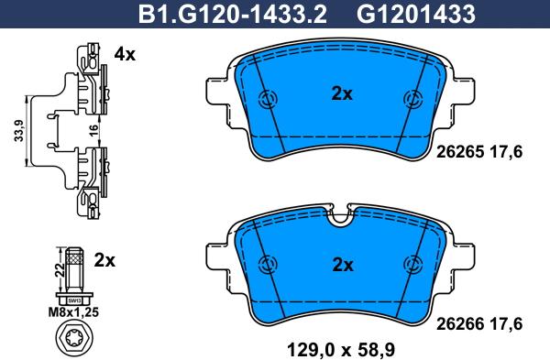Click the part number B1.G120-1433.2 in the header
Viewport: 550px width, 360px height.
tap(233, 15)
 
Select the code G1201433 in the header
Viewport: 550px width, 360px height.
tap(416, 15)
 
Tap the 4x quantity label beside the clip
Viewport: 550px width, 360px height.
tap(125, 54)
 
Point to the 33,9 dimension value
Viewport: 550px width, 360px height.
tap(18, 130)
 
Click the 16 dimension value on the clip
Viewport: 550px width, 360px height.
tap(93, 130)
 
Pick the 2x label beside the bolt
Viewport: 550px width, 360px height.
tap(104, 260)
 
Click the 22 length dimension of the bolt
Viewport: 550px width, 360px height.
tap(60, 270)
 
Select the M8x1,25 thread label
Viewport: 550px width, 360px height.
tap(73, 312)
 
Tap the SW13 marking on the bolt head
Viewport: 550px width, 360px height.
tap(74, 300)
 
